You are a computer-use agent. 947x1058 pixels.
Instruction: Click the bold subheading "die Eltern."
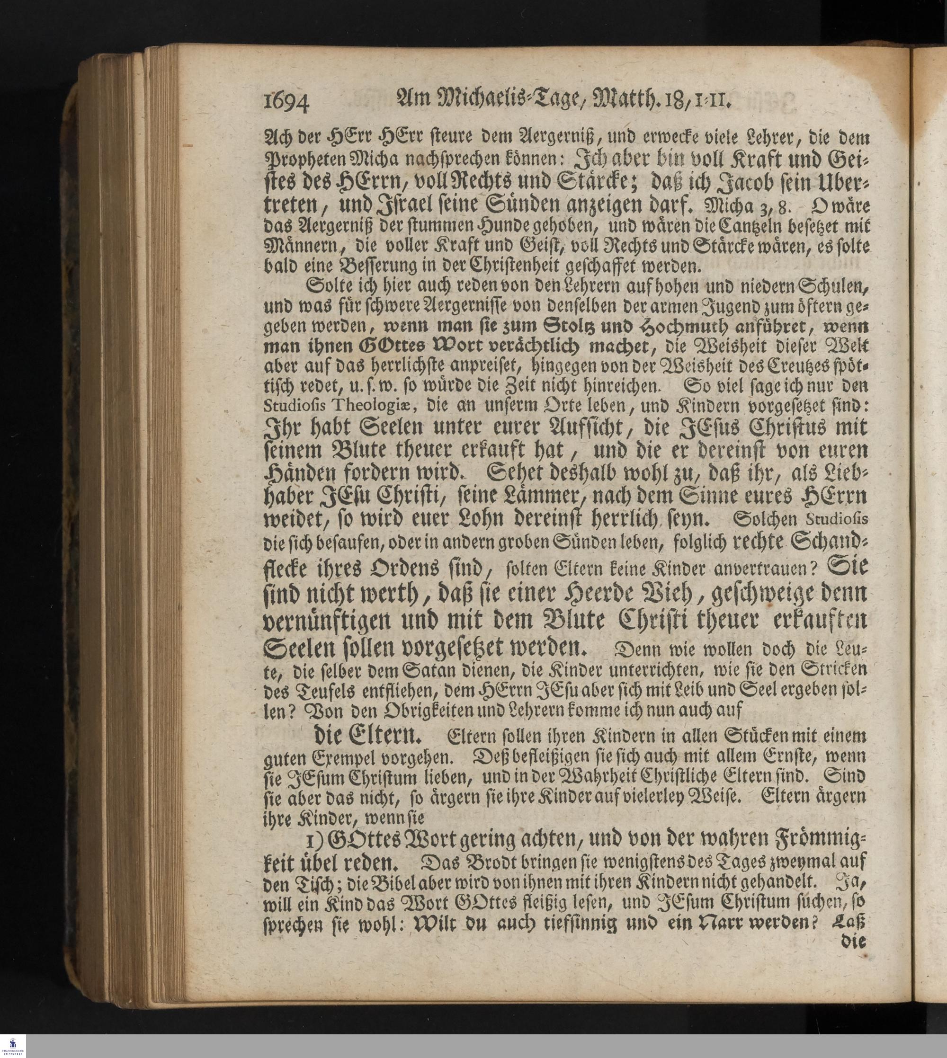374,736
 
